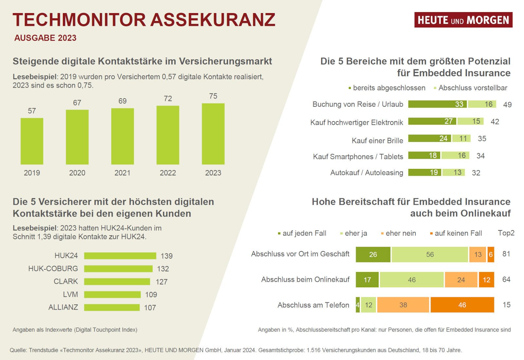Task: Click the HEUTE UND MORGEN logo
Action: [463, 20]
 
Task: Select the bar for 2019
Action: [32, 141]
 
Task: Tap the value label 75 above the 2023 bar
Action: [213, 96]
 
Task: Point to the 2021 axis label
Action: [122, 173]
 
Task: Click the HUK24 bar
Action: [120, 256]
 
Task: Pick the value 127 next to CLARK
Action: [161, 282]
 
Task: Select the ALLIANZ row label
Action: [63, 307]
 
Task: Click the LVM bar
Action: [112, 295]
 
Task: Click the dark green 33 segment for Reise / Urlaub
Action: [437, 104]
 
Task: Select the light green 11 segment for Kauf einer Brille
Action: [461, 138]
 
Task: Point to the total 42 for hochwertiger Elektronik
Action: [495, 122]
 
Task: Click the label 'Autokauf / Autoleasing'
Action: [366, 172]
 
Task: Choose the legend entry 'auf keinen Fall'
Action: [458, 233]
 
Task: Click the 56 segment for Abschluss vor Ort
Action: [429, 255]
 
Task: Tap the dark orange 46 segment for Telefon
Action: [462, 305]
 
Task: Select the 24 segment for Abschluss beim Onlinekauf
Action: [461, 280]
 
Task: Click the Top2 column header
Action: [506, 233]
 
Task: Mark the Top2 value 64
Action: [506, 279]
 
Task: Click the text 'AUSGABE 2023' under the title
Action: [45, 38]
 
